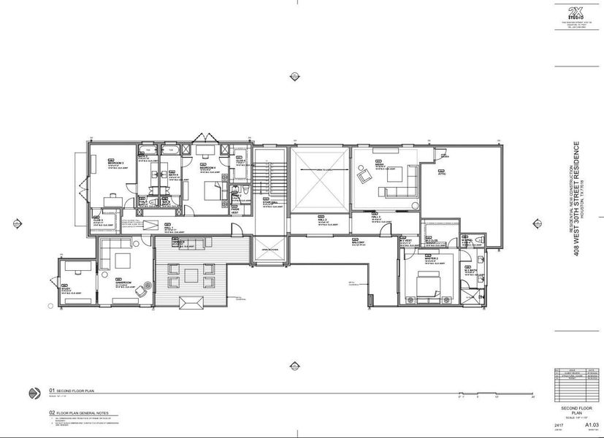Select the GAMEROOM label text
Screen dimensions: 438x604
pyautogui.click(x=122, y=283)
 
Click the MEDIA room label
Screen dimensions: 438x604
pyautogui.click(x=380, y=164)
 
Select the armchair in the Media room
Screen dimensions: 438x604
pyautogui.click(x=363, y=175)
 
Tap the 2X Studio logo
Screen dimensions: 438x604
pyautogui.click(x=576, y=12)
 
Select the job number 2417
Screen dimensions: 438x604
pyautogui.click(x=559, y=424)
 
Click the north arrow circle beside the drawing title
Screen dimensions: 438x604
pyautogui.click(x=34, y=393)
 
